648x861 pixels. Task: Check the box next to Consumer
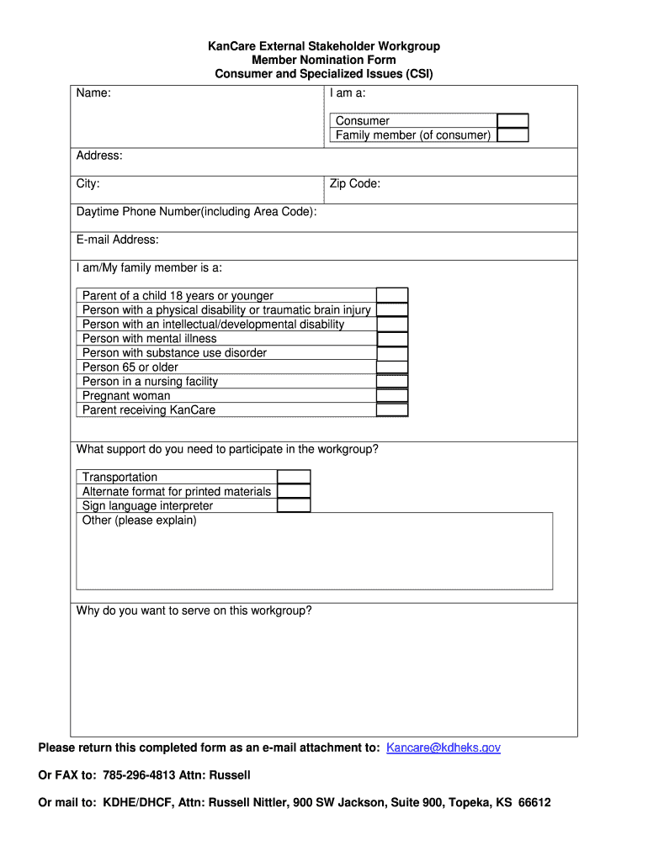(x=513, y=121)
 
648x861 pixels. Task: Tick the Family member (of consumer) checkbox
(x=513, y=135)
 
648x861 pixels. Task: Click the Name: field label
(x=93, y=93)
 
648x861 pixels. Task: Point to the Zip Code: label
(x=354, y=183)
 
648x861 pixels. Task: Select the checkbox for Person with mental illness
(x=392, y=339)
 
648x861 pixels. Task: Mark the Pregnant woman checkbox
(x=392, y=396)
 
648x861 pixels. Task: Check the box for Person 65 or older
(x=392, y=367)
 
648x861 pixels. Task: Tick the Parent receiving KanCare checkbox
(x=392, y=410)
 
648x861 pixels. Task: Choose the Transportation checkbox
(x=294, y=477)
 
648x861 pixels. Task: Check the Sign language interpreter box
(x=294, y=505)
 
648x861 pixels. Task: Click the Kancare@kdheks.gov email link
(x=444, y=747)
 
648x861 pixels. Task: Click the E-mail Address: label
(x=117, y=240)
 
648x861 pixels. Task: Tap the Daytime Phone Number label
(x=196, y=212)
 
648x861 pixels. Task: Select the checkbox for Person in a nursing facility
(x=392, y=382)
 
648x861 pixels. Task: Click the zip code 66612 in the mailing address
(x=534, y=802)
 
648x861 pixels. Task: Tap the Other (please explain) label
(x=139, y=520)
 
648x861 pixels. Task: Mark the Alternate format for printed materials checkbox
(x=294, y=491)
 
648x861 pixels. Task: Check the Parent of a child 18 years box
(x=392, y=295)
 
